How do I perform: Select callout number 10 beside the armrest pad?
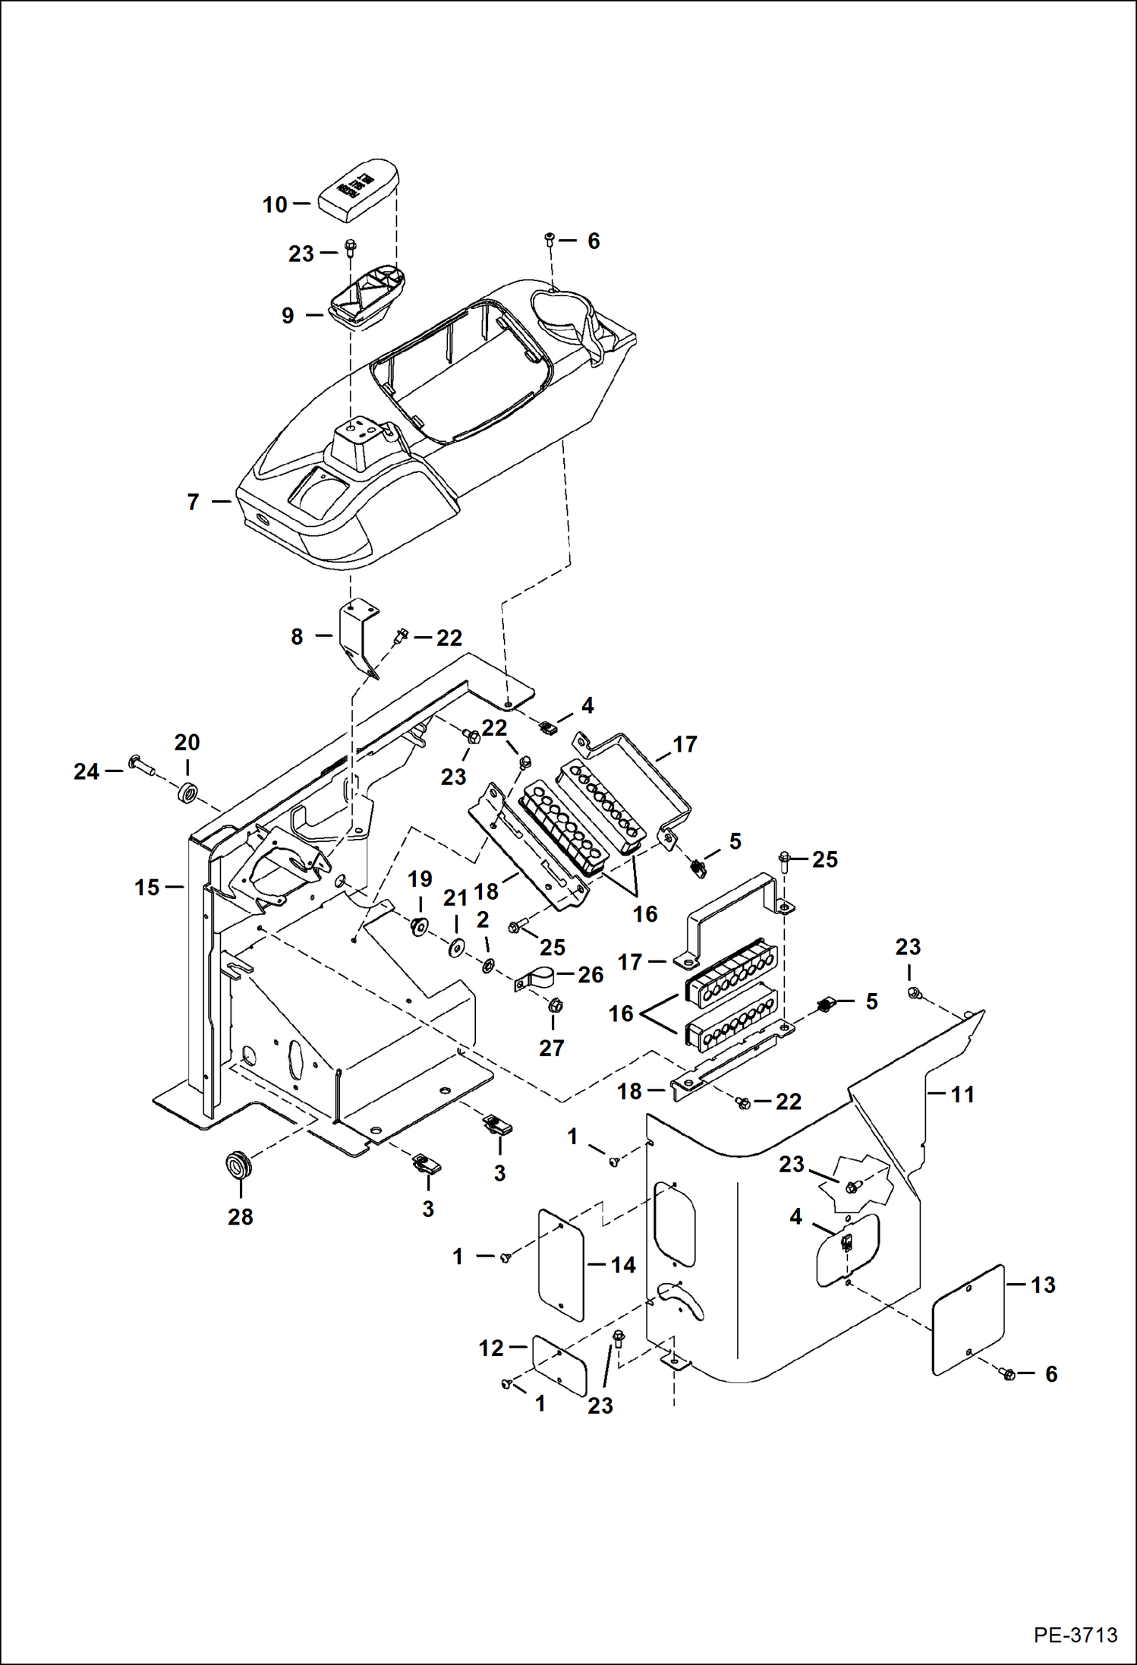[x=275, y=204]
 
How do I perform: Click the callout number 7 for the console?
[x=194, y=502]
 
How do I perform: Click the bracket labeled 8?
[x=356, y=635]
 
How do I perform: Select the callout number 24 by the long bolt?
[x=87, y=772]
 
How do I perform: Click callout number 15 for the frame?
[x=146, y=888]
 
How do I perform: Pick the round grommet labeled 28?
[x=238, y=1164]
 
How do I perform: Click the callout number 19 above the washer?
[x=420, y=879]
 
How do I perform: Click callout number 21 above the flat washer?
[x=455, y=898]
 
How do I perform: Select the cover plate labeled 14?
[x=560, y=1264]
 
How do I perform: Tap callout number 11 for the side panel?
[x=962, y=1094]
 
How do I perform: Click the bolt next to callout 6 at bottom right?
[x=1009, y=1374]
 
